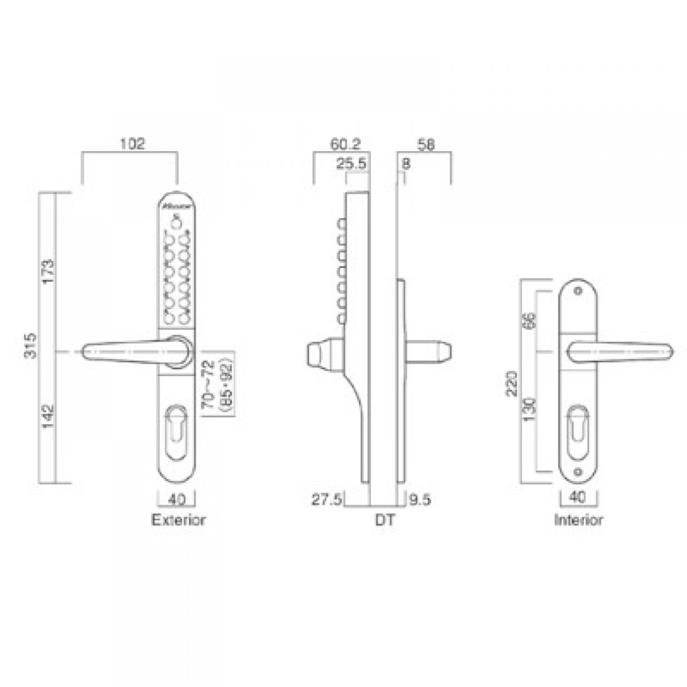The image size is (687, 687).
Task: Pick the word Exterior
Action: click(179, 520)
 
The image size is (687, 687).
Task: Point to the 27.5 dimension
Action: click(327, 500)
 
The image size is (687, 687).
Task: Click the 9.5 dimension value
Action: click(420, 500)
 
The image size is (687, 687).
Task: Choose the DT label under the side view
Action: click(385, 520)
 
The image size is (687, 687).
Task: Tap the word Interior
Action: click(579, 520)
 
